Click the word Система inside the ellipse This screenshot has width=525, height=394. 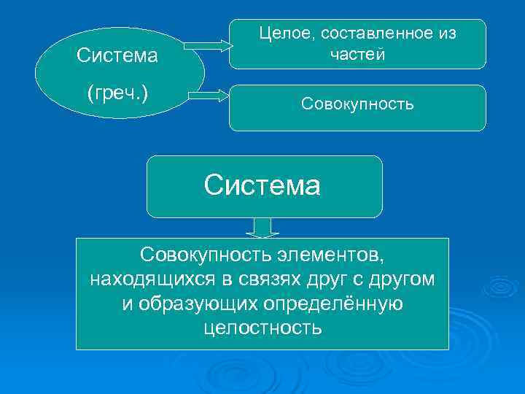click(117, 55)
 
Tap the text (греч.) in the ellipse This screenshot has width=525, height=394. click(117, 94)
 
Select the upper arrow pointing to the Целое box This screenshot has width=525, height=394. click(206, 47)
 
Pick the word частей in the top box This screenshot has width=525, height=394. click(357, 54)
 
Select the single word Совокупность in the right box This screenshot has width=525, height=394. click(357, 104)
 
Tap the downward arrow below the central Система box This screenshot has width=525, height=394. click(262, 228)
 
